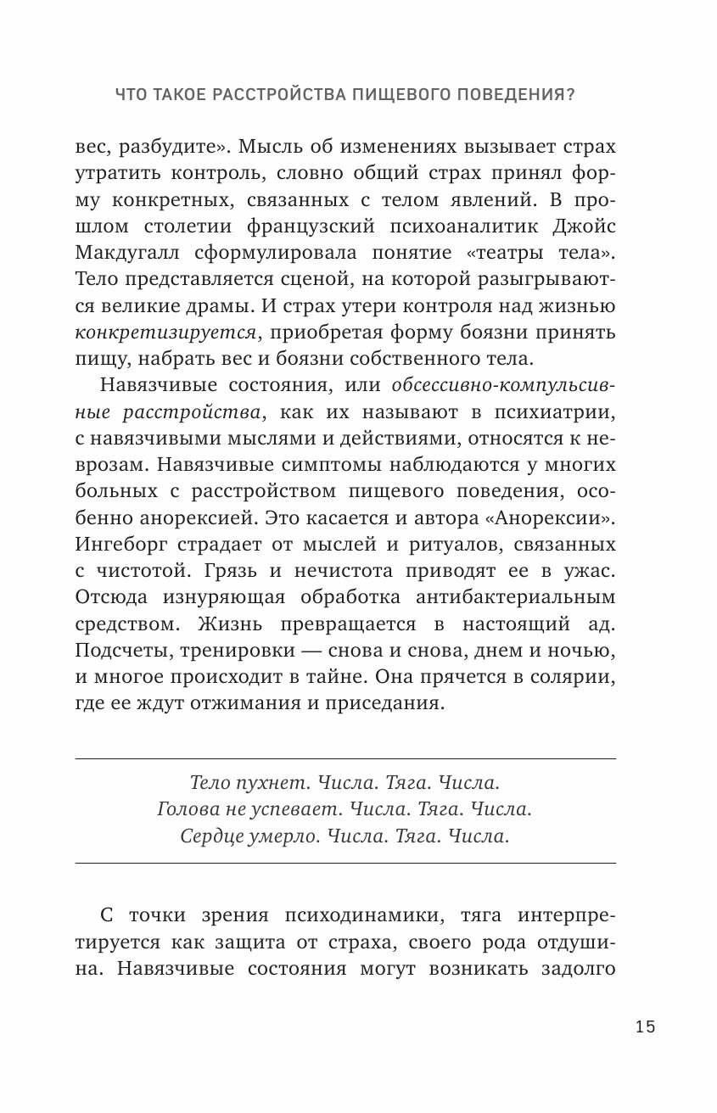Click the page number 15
[x=645, y=1026]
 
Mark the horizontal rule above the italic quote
[x=345, y=758]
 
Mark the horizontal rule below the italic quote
[x=345, y=864]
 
